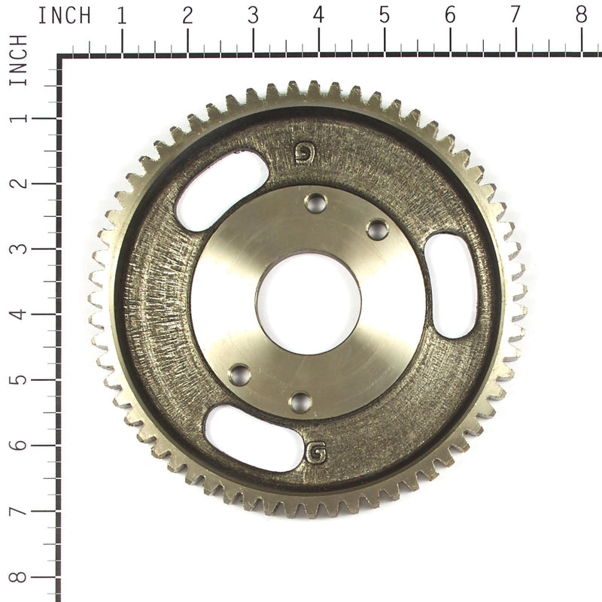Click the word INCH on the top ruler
coord(64,15)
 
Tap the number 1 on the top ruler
coord(121,15)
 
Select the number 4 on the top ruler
coord(318,15)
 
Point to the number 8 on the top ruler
coord(581,15)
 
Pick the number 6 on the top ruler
coord(450,15)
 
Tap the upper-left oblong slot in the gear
coord(221,190)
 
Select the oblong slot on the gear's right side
coord(450,285)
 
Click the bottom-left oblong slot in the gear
coord(254,438)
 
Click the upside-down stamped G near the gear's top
coord(303,153)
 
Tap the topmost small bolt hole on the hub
coord(315,202)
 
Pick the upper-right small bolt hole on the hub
coord(377,230)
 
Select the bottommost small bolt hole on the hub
coord(300,402)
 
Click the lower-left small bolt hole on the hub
coord(239,374)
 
